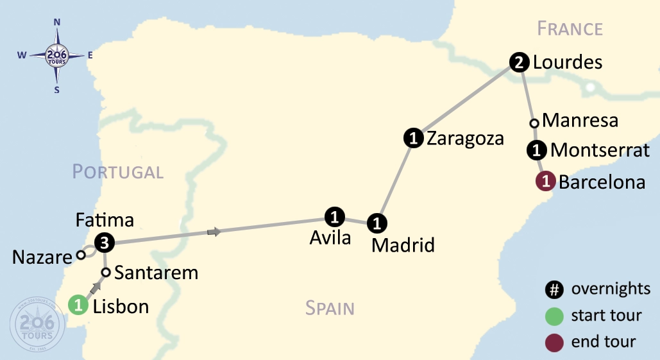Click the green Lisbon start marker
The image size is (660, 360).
coord(78,305)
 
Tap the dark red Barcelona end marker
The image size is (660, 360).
coord(545,182)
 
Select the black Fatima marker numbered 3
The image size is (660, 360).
coord(105,243)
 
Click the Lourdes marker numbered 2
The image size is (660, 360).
coord(519,62)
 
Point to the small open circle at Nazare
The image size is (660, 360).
coord(81,255)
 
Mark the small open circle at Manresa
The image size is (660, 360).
coord(534,123)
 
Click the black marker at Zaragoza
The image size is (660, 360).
coord(414,137)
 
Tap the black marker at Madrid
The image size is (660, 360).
coord(377,223)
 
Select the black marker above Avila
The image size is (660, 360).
coord(335,217)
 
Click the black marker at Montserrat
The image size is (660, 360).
coord(536,151)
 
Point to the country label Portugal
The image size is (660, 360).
coord(117,172)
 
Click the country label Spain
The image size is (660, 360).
coord(330,309)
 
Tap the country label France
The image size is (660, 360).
coord(570,29)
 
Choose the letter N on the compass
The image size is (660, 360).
coord(57,22)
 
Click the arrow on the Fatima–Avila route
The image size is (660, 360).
coord(216,232)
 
